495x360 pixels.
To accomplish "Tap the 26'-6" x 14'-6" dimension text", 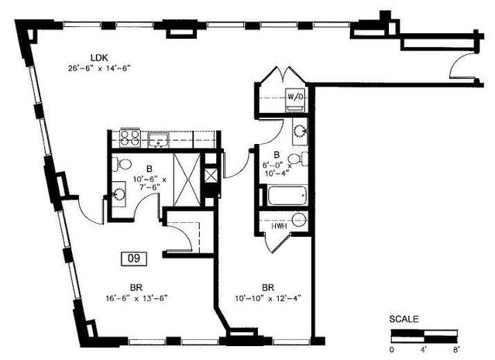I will tap(98, 68).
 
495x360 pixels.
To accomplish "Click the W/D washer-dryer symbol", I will tap(297, 98).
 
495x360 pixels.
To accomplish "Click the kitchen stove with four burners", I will tap(128, 140).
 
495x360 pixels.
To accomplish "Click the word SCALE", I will tap(404, 319).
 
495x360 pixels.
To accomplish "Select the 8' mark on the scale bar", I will tap(455, 350).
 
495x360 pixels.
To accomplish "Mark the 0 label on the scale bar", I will tap(392, 350).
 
